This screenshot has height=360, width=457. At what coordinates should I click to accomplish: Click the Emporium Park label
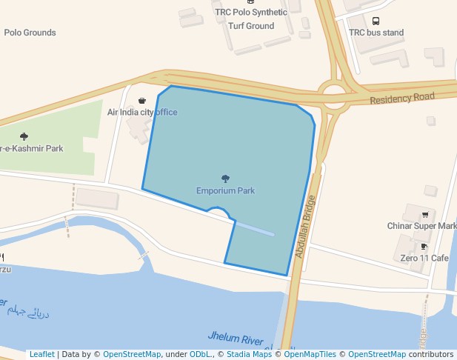coord(225,190)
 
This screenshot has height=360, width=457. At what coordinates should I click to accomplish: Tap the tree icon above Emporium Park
coord(225,179)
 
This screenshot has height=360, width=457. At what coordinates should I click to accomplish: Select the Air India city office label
coord(142,112)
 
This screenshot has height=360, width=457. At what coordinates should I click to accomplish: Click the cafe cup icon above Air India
coord(142,100)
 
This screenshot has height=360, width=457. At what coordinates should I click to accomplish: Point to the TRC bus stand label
coord(376,33)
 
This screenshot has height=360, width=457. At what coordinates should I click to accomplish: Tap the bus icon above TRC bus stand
coord(376,21)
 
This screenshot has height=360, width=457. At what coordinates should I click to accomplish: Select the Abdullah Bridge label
coord(306,226)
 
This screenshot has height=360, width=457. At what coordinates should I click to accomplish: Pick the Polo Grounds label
coord(30,33)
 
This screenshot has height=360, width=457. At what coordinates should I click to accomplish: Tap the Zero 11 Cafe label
coord(424,258)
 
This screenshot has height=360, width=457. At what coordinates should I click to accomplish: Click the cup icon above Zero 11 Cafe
coord(424,246)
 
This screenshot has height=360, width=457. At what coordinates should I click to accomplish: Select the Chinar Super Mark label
coord(421,226)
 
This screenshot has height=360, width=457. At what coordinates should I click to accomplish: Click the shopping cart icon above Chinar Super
coord(425,214)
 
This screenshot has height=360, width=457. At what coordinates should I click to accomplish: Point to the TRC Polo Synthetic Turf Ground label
coord(250,19)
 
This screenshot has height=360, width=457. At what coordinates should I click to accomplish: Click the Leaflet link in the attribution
coord(41,355)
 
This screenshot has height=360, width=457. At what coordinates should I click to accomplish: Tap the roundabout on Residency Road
coord(334,93)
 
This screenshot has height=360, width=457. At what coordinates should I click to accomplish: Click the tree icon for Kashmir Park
coord(24,136)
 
